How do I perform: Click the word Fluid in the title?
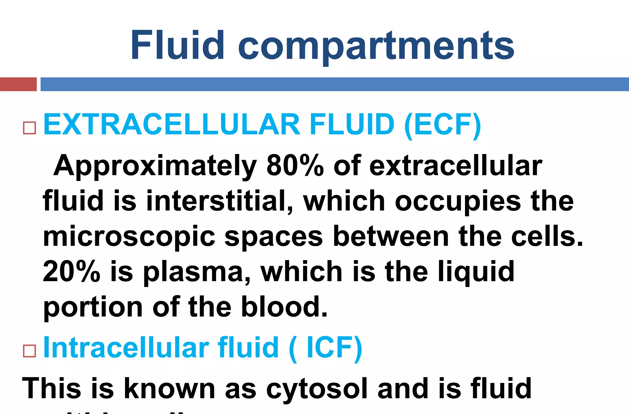point(177,45)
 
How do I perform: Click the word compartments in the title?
point(376,46)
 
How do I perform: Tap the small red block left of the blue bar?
point(18,84)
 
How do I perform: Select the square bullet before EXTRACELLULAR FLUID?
point(29,128)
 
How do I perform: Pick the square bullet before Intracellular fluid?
point(29,351)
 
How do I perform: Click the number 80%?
point(295,166)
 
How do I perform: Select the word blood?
point(284,307)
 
